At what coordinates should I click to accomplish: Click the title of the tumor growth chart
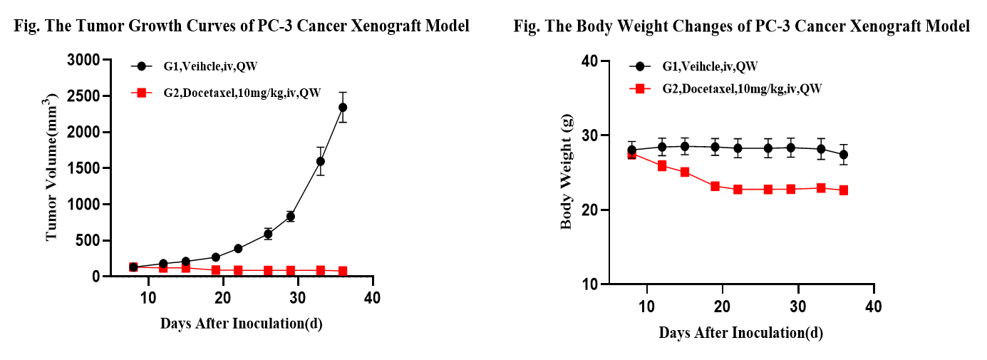[x=242, y=26]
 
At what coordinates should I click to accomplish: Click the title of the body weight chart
[x=742, y=26]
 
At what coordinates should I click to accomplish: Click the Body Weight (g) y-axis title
[x=567, y=172]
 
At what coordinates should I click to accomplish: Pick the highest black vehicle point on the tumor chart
[x=343, y=108]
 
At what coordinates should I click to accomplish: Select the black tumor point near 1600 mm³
[x=321, y=161]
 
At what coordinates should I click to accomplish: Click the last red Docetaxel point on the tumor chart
[x=343, y=271]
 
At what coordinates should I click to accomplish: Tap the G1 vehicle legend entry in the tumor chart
[x=192, y=66]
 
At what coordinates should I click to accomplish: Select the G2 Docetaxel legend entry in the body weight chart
[x=727, y=88]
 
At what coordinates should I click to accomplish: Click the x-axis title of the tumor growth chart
[x=241, y=323]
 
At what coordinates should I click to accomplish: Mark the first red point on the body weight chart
[x=632, y=154]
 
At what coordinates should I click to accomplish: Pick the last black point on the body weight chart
[x=844, y=155]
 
